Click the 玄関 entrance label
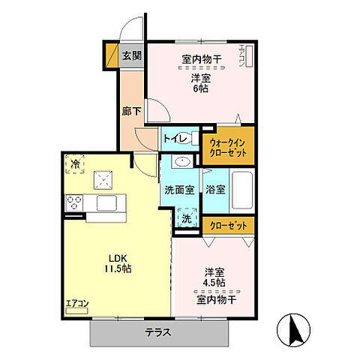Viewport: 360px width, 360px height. [x=131, y=55]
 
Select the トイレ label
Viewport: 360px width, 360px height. [x=175, y=137]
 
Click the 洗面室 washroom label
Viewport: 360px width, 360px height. [x=179, y=189]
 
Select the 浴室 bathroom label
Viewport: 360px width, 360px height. [x=215, y=189]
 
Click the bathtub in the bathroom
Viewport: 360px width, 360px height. [x=241, y=191]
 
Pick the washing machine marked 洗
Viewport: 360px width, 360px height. [x=186, y=218]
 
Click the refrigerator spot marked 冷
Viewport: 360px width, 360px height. [x=75, y=163]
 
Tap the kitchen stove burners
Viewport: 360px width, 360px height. [x=76, y=201]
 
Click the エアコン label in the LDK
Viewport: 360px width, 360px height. [x=77, y=303]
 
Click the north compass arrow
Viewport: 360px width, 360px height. [x=293, y=331]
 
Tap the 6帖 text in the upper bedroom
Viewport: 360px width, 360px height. [x=199, y=88]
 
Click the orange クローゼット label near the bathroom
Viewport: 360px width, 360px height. [x=229, y=224]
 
